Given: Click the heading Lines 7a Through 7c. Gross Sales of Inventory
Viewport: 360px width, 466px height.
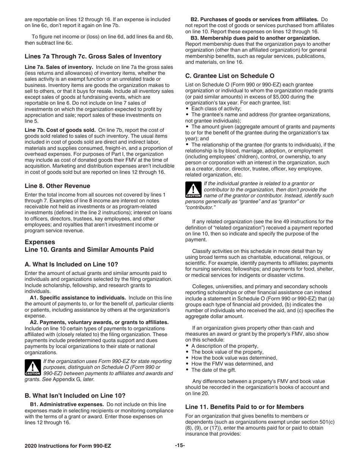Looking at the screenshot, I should [x=93, y=56].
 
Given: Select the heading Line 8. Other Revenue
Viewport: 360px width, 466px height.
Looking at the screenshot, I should [x=58, y=186].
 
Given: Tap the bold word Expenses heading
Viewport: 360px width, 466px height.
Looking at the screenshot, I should [x=40, y=242].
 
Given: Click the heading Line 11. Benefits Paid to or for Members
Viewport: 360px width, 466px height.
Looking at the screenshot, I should [x=244, y=407].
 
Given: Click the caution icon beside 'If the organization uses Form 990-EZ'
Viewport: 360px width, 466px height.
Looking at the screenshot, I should [x=32, y=367].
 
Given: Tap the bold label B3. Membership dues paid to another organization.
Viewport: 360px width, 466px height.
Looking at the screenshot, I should [x=255, y=38].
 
